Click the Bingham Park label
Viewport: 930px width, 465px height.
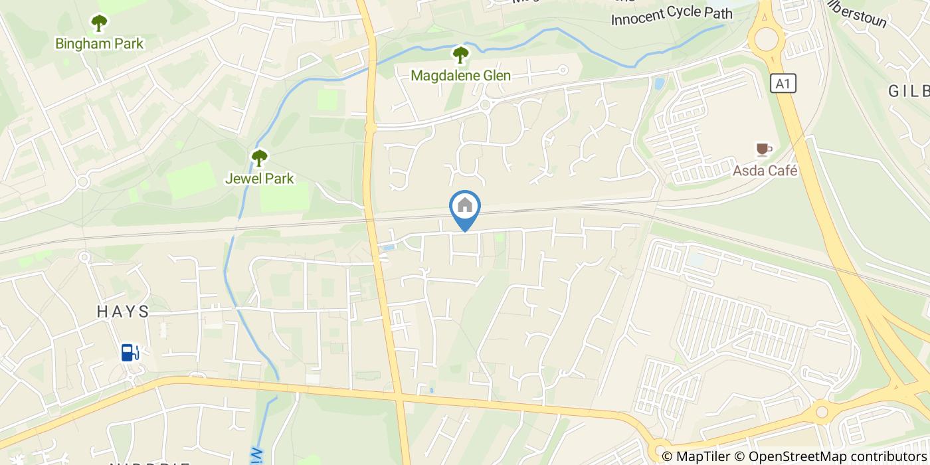coord(100,45)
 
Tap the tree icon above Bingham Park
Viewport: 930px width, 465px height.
coord(100,24)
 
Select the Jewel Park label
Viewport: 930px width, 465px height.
coord(259,179)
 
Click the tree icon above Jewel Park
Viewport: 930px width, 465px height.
coord(259,158)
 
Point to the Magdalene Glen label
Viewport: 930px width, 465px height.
coord(460,76)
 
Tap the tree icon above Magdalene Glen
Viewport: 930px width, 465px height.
coord(460,55)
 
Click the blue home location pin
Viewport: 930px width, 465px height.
coord(465,207)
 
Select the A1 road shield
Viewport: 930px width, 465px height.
coord(784,84)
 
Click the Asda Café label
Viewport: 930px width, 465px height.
coord(765,171)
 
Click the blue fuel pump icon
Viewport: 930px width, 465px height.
coord(130,352)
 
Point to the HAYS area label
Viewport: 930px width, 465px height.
coord(123,312)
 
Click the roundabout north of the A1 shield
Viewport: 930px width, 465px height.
coord(767,39)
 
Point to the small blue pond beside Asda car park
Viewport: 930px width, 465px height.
coord(659,84)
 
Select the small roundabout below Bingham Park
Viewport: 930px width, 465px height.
coord(83,181)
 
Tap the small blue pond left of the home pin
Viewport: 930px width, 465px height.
coord(389,248)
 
